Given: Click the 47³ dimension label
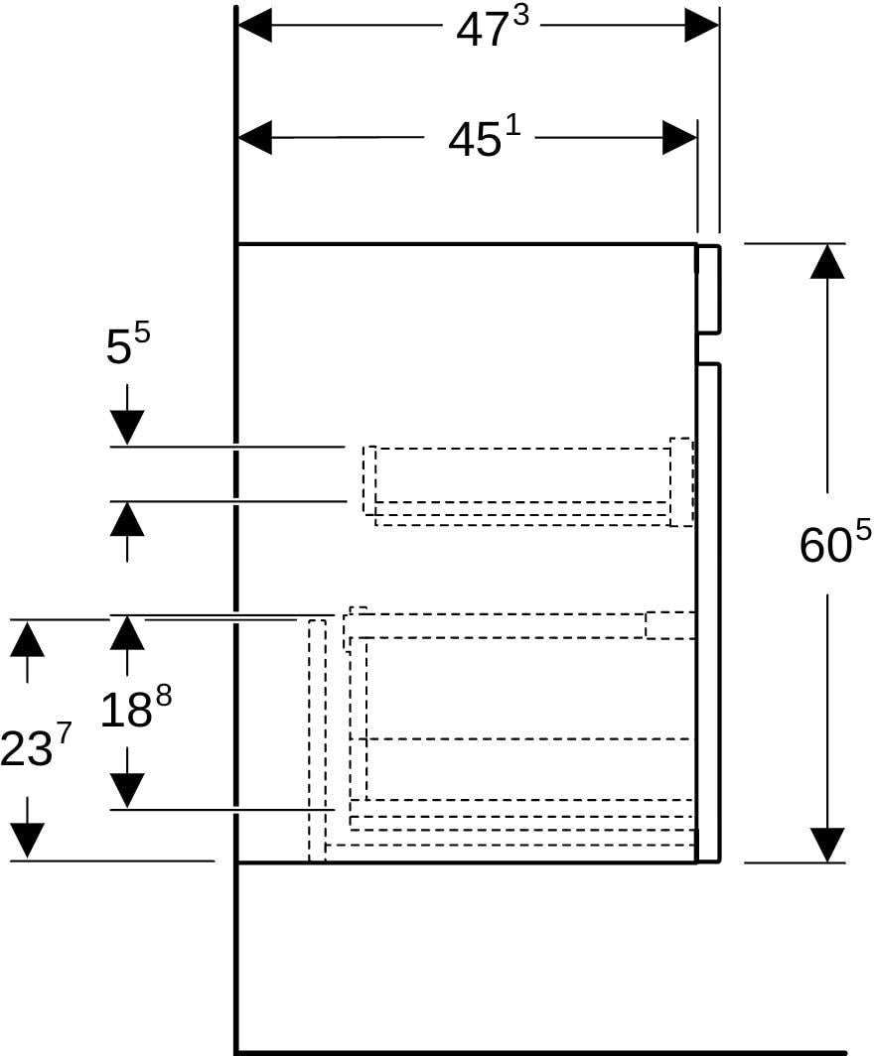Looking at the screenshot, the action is point(492,27).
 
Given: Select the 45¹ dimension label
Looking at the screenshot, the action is point(484,138).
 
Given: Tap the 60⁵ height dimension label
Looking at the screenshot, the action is point(835,542).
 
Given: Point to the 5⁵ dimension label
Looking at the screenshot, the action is point(128,343).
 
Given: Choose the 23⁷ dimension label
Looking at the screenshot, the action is point(35,746).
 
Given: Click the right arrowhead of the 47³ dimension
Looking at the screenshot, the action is point(701,26).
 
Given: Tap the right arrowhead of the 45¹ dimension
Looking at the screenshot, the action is point(679,138).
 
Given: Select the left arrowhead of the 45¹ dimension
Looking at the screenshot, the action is point(255,138).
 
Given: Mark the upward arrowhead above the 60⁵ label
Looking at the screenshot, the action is point(827,261).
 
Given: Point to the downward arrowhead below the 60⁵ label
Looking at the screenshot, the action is point(827,845).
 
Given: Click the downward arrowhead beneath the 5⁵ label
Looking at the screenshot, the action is point(127,428).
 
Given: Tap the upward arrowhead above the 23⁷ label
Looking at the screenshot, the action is point(27,638).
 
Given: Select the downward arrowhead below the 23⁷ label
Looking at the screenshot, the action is point(27,842).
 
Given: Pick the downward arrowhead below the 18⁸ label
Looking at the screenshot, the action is point(127,791).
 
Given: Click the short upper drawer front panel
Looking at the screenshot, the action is point(708,289).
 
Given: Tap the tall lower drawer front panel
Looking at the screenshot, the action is point(708,612).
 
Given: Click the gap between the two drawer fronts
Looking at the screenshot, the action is point(708,348).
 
